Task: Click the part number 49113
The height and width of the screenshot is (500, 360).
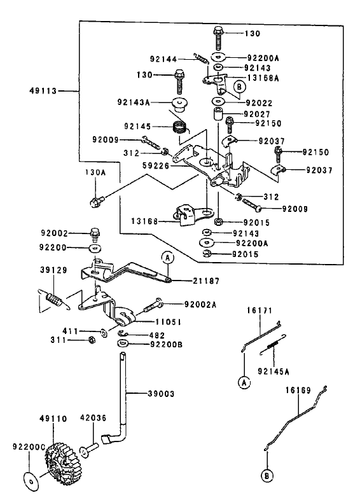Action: pos(43,91)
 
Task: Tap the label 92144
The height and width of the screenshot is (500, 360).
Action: pos(163,59)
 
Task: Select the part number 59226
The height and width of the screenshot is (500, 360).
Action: pos(156,166)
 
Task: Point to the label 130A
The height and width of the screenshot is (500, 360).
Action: pos(95,172)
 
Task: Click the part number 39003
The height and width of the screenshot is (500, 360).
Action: pos(162,394)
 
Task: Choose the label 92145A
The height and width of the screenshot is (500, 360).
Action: pos(273,372)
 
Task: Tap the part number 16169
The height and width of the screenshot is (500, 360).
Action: pos(298,391)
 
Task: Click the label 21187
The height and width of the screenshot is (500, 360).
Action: pos(206,281)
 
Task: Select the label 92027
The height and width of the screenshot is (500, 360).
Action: pos(257,114)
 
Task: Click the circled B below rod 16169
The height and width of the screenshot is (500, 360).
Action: pos(267,476)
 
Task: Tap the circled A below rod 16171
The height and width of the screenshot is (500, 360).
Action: pos(244,382)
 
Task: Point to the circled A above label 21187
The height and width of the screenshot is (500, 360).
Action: pos(168,258)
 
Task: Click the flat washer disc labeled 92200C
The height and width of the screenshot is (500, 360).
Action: pos(32,481)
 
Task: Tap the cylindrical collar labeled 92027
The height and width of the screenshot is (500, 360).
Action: pos(218,115)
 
